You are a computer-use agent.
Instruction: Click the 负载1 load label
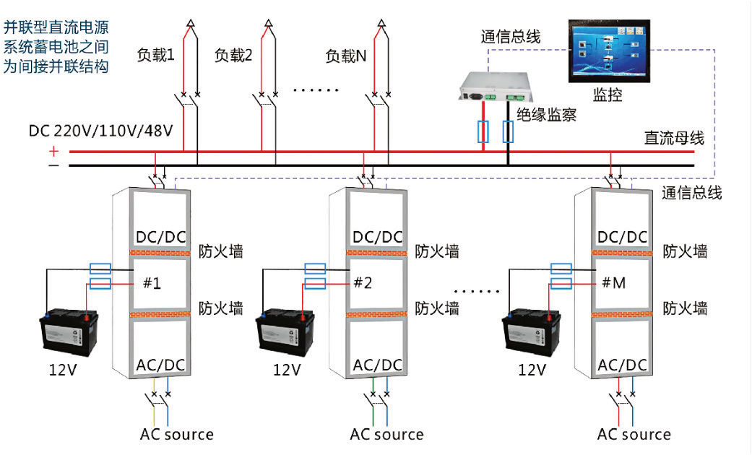click(x=156, y=55)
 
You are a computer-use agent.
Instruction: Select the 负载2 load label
click(x=233, y=55)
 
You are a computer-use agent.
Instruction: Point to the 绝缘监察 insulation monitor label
click(x=547, y=113)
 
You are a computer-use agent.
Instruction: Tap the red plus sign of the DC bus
click(x=53, y=151)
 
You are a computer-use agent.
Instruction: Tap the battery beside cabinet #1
click(x=70, y=332)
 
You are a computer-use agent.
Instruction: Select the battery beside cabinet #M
click(x=532, y=332)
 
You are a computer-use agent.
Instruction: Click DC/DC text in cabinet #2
click(x=377, y=238)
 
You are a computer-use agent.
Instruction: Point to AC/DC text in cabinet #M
click(x=623, y=365)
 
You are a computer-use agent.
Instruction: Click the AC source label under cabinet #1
click(x=177, y=435)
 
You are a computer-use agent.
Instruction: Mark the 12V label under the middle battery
click(x=287, y=370)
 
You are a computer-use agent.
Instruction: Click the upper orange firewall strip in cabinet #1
click(x=160, y=252)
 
